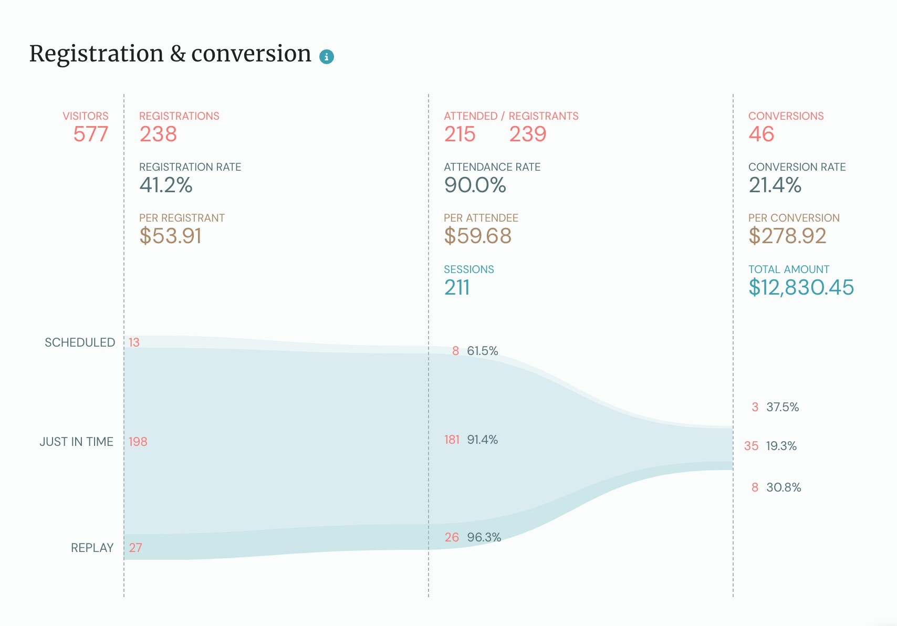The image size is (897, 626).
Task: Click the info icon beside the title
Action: [327, 56]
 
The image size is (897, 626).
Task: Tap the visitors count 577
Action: [90, 134]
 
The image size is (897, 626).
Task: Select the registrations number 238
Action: [158, 134]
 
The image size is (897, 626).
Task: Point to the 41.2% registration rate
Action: [166, 185]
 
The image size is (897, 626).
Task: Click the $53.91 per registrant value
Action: [171, 236]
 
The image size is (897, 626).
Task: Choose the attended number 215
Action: [460, 134]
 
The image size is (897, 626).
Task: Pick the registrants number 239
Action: [527, 134]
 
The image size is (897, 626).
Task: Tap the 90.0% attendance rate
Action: [475, 185]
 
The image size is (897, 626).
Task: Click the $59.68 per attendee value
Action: [477, 236]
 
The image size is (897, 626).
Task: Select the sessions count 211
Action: [457, 288]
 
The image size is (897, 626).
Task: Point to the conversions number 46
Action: [761, 134]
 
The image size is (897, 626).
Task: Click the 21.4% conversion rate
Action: [775, 185]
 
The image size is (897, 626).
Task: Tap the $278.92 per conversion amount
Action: [787, 236]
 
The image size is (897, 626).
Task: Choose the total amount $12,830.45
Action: [801, 288]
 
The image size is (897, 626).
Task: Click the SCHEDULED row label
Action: [80, 342]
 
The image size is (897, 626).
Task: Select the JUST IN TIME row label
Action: [77, 442]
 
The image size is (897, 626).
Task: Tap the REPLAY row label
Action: [92, 548]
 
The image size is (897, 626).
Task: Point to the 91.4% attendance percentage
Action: [482, 440]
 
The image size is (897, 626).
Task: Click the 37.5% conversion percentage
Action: [782, 407]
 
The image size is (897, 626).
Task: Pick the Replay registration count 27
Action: [135, 548]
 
